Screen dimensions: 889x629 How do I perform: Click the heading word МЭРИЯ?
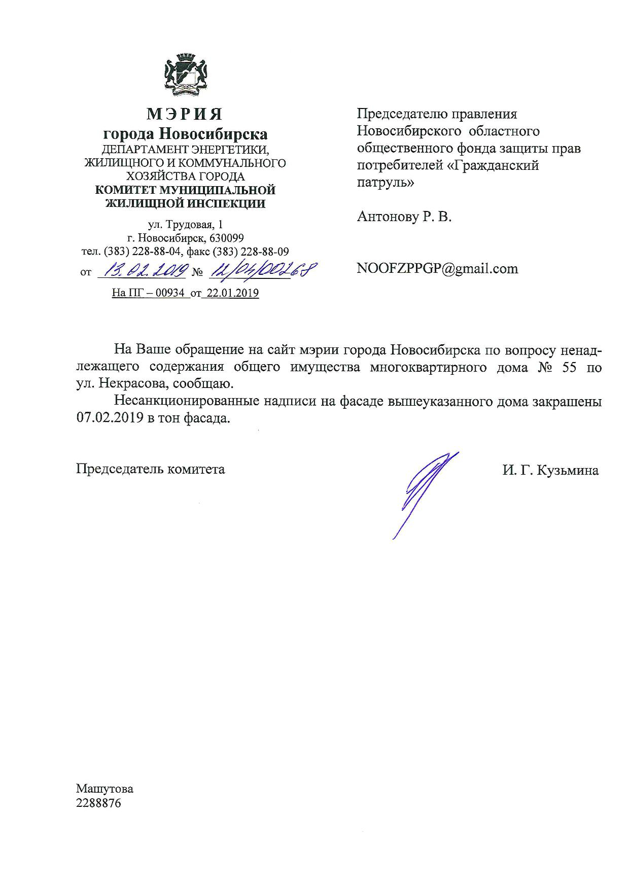185,114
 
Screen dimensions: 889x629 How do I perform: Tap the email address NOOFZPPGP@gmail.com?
437,268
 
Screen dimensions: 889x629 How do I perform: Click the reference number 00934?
171,293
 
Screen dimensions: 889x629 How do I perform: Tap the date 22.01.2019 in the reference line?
230,293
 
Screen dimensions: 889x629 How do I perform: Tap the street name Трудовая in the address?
191,225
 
